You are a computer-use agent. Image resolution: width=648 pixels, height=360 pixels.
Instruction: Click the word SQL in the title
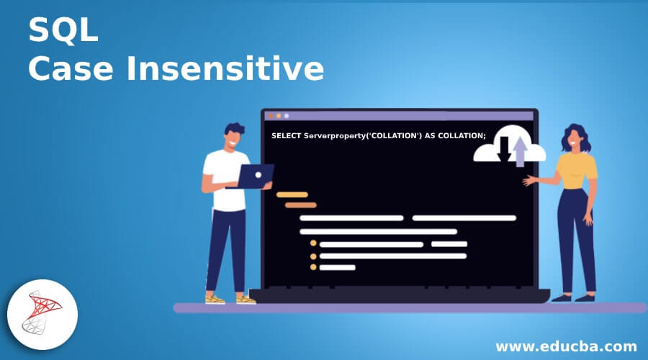click(63, 32)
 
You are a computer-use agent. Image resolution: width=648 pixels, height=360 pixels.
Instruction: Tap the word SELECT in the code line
click(287, 136)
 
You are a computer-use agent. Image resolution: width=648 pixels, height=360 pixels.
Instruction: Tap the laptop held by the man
click(255, 176)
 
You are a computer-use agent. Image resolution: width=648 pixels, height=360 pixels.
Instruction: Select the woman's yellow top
click(577, 172)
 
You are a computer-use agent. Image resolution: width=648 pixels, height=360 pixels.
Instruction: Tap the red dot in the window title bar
click(270, 115)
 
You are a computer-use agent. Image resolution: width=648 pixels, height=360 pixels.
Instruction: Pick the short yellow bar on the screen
click(292, 194)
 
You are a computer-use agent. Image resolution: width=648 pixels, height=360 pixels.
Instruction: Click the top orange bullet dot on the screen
click(313, 243)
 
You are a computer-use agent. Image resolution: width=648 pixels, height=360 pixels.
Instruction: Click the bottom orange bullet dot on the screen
click(313, 267)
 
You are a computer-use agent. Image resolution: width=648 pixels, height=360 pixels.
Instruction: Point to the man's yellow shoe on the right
click(246, 299)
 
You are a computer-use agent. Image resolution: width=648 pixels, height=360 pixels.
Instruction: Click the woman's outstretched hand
click(529, 181)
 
